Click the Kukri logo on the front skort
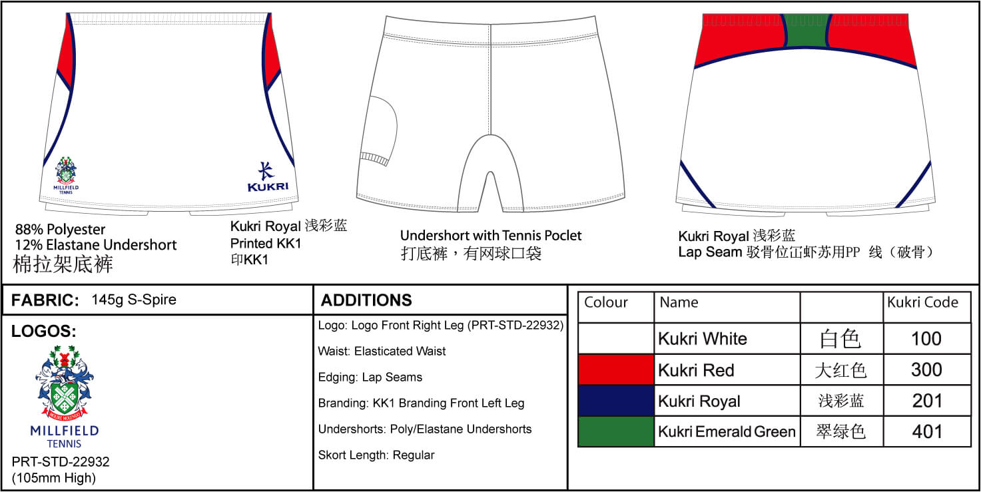click(x=268, y=177)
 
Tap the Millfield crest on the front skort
click(x=66, y=175)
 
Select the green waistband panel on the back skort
click(x=806, y=30)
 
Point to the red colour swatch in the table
click(x=616, y=370)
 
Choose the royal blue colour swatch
click(x=616, y=401)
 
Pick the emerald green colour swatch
click(x=616, y=431)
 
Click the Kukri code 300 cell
click(x=926, y=370)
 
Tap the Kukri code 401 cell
click(x=926, y=431)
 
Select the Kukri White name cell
click(x=727, y=339)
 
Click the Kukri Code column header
click(x=923, y=302)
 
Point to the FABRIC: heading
click(x=45, y=300)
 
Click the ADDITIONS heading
click(x=366, y=300)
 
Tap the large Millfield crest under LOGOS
click(x=65, y=396)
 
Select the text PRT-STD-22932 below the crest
click(x=61, y=462)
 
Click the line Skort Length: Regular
click(x=376, y=455)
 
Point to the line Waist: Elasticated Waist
click(x=382, y=351)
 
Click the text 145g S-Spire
click(x=134, y=300)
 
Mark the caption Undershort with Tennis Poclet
click(x=491, y=236)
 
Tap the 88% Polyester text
click(x=61, y=230)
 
